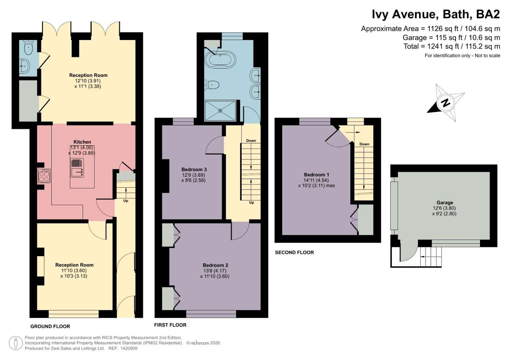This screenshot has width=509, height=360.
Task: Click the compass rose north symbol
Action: [446, 103]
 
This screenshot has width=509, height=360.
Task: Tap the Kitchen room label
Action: [82, 142]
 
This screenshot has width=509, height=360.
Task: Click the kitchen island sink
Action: [77, 172]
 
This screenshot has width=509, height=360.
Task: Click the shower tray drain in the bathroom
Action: [220, 111]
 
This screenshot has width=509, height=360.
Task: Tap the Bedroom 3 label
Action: [194, 170]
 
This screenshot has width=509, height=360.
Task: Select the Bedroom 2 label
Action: [215, 265]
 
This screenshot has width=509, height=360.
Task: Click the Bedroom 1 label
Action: [317, 175]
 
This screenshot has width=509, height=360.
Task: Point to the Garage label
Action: [445, 203]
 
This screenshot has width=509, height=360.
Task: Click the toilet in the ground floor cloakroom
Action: [28, 47]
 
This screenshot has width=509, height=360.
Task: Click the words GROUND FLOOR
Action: [50, 326]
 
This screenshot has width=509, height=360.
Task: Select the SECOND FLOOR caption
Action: [294, 253]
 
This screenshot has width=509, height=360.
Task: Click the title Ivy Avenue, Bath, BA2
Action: [436, 14]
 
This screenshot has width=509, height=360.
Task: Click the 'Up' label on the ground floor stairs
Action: [126, 201]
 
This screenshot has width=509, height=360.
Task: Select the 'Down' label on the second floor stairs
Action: [364, 144]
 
